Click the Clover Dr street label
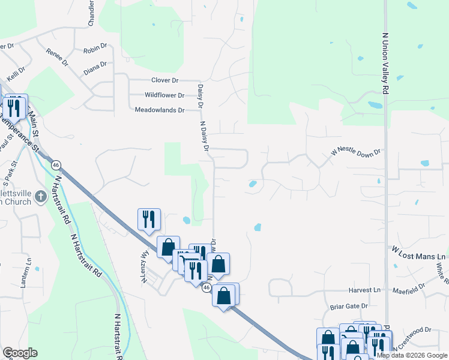coord(165,80)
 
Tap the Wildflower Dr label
coord(164,95)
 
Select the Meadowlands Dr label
coord(159,110)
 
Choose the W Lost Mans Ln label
coord(418,249)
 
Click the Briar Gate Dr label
coord(349,306)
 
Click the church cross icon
coord(40,196)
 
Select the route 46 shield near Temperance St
coord(56,165)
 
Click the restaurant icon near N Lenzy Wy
coord(148,219)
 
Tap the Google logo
coord(20,353)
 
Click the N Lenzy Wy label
coord(145,262)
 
